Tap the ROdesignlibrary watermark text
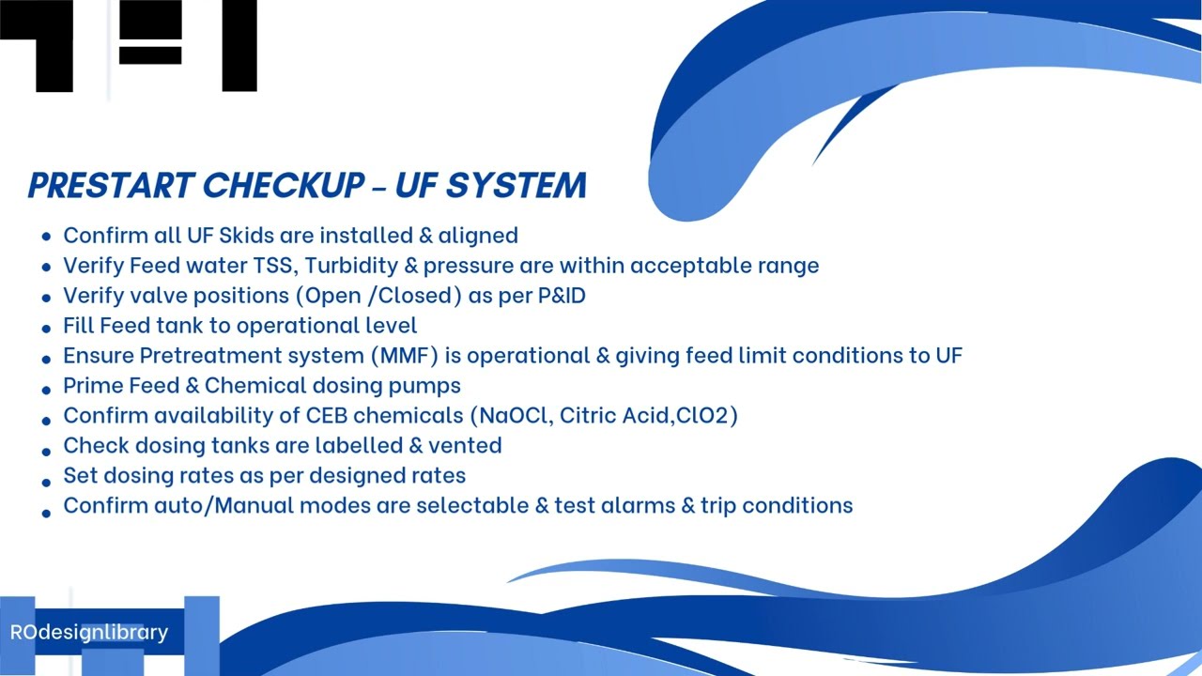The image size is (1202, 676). pos(89,632)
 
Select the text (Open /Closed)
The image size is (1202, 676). pos(379,295)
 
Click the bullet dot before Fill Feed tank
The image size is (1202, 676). pos(46,329)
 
